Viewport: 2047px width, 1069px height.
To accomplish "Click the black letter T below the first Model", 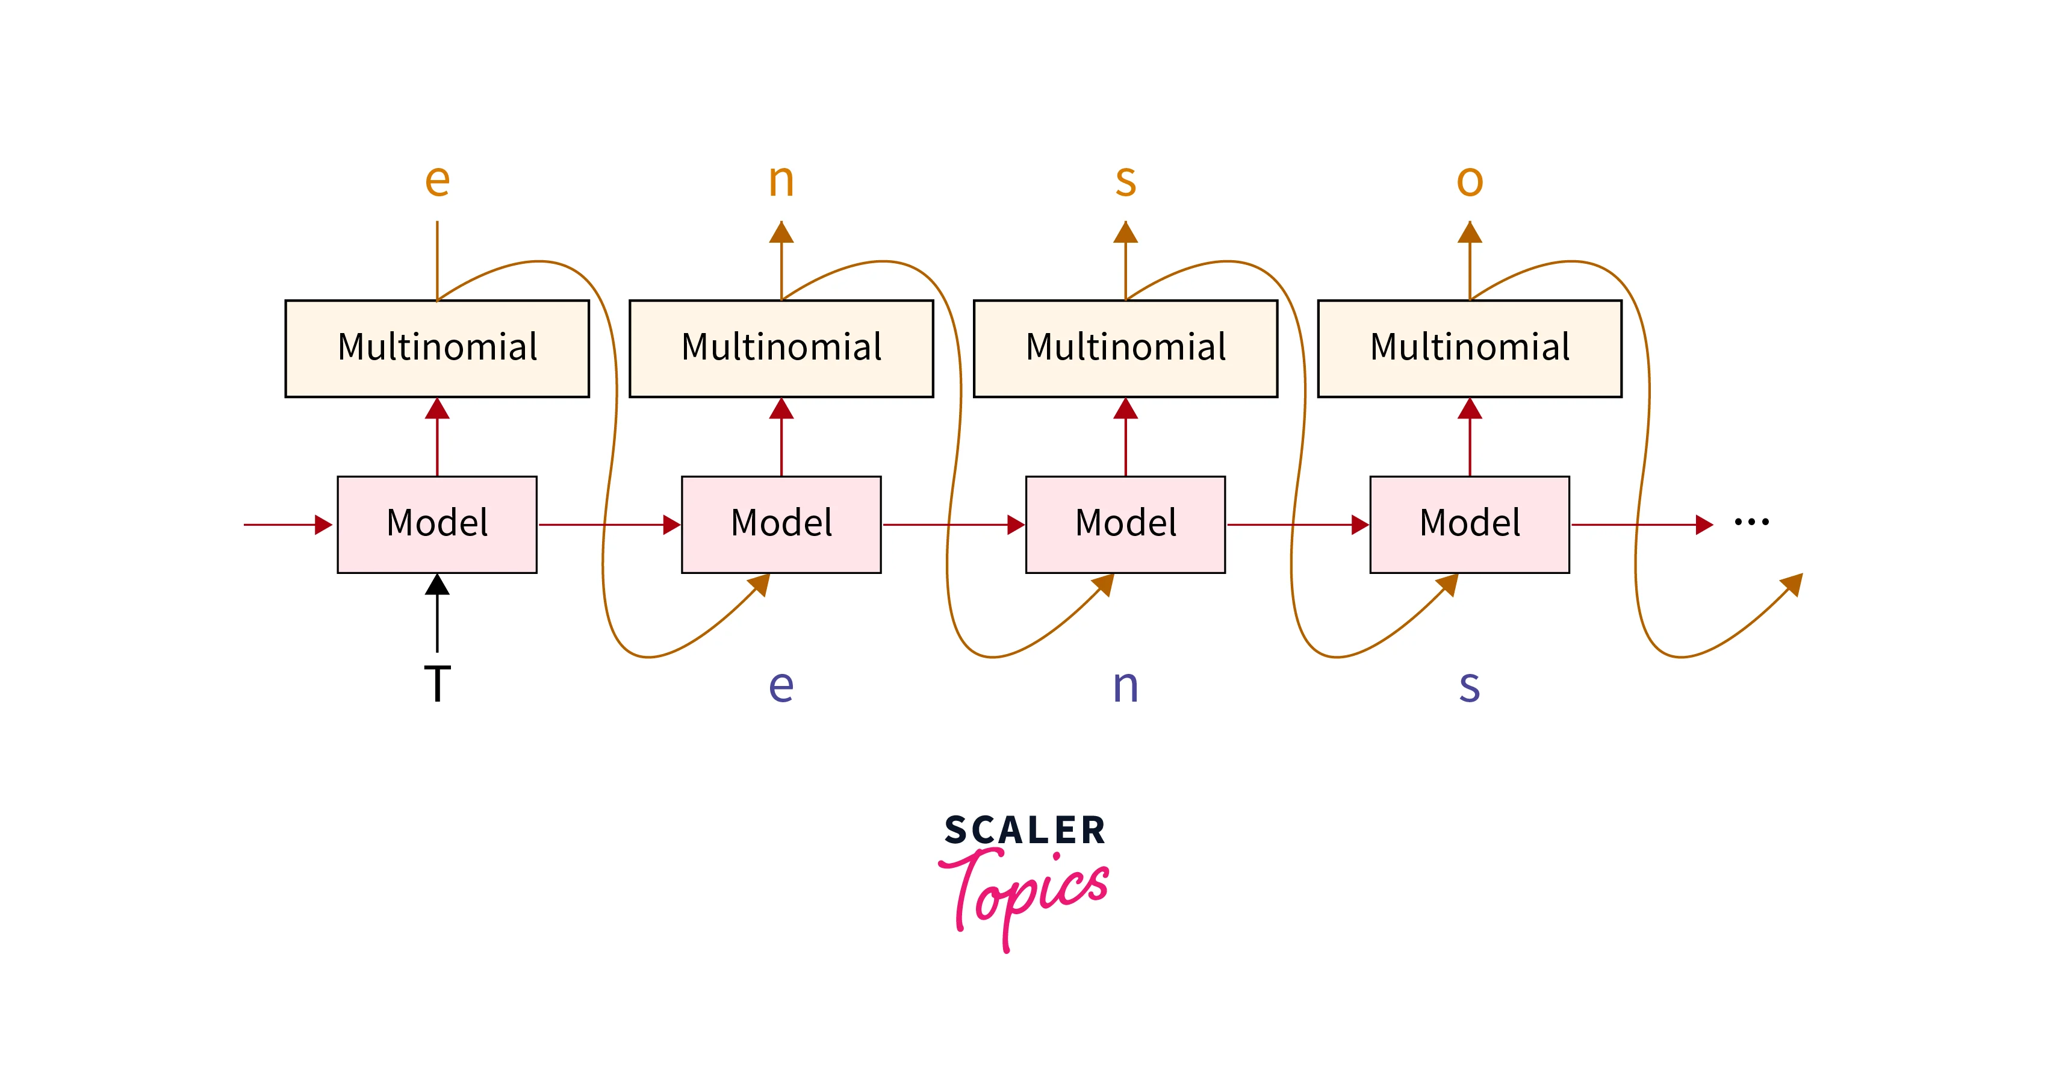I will (437, 684).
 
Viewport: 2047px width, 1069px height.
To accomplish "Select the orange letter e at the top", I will (437, 181).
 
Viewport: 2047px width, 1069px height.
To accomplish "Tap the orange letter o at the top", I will (1469, 181).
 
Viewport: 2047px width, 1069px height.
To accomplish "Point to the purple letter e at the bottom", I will (781, 686).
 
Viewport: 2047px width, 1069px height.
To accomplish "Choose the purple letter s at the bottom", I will (1469, 686).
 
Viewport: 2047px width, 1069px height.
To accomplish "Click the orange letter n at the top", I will (781, 181).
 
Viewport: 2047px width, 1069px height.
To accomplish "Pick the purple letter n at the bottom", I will (1125, 686).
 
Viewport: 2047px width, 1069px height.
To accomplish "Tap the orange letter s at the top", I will (1125, 181).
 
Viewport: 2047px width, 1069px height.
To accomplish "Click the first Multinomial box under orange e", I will (437, 348).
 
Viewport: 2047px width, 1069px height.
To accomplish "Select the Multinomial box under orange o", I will (1469, 348).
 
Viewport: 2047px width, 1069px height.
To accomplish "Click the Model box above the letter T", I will (437, 524).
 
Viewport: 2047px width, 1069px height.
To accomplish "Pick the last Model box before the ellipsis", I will (1469, 524).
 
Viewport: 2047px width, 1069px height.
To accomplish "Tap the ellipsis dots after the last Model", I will (1751, 522).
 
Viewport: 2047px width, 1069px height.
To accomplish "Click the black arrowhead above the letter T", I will (437, 585).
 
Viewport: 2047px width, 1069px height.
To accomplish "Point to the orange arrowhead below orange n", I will (781, 232).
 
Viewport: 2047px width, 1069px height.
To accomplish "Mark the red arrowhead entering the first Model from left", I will (323, 525).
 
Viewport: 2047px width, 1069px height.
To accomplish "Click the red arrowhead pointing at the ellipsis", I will (1704, 525).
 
